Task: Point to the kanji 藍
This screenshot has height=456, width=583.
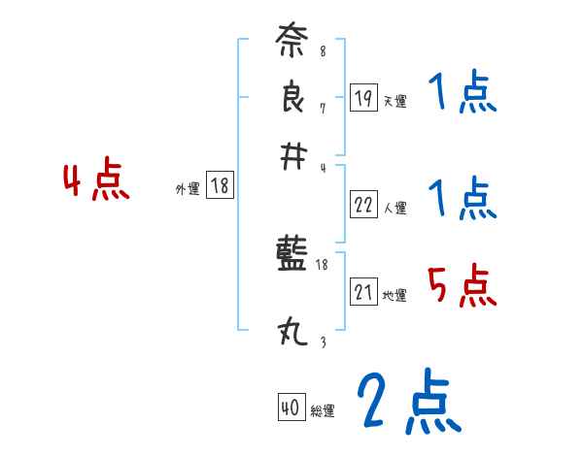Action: [291, 257]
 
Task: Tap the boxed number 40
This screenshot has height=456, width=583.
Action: [291, 408]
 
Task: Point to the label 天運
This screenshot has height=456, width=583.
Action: [395, 101]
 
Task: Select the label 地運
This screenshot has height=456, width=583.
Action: [395, 295]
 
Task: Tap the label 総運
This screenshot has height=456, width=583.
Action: [323, 411]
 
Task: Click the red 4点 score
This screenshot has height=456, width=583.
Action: [95, 182]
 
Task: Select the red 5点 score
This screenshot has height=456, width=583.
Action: [462, 286]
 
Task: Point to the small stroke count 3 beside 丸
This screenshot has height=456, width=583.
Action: [322, 342]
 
